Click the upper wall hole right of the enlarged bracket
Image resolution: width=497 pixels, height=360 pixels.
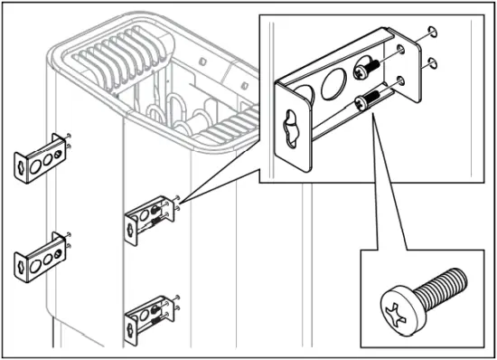click(430, 34)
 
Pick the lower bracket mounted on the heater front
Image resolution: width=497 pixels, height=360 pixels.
click(150, 314)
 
